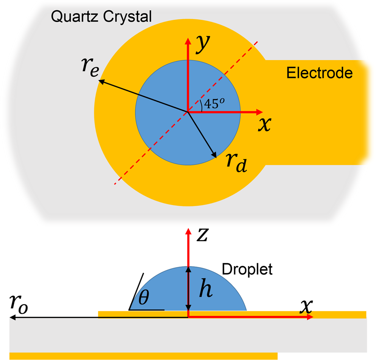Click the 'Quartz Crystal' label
(x=101, y=16)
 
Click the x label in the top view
(x=265, y=125)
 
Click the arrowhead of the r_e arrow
(x=99, y=80)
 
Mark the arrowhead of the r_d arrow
(x=215, y=156)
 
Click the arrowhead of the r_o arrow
(x=12, y=318)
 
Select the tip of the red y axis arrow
(x=188, y=39)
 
